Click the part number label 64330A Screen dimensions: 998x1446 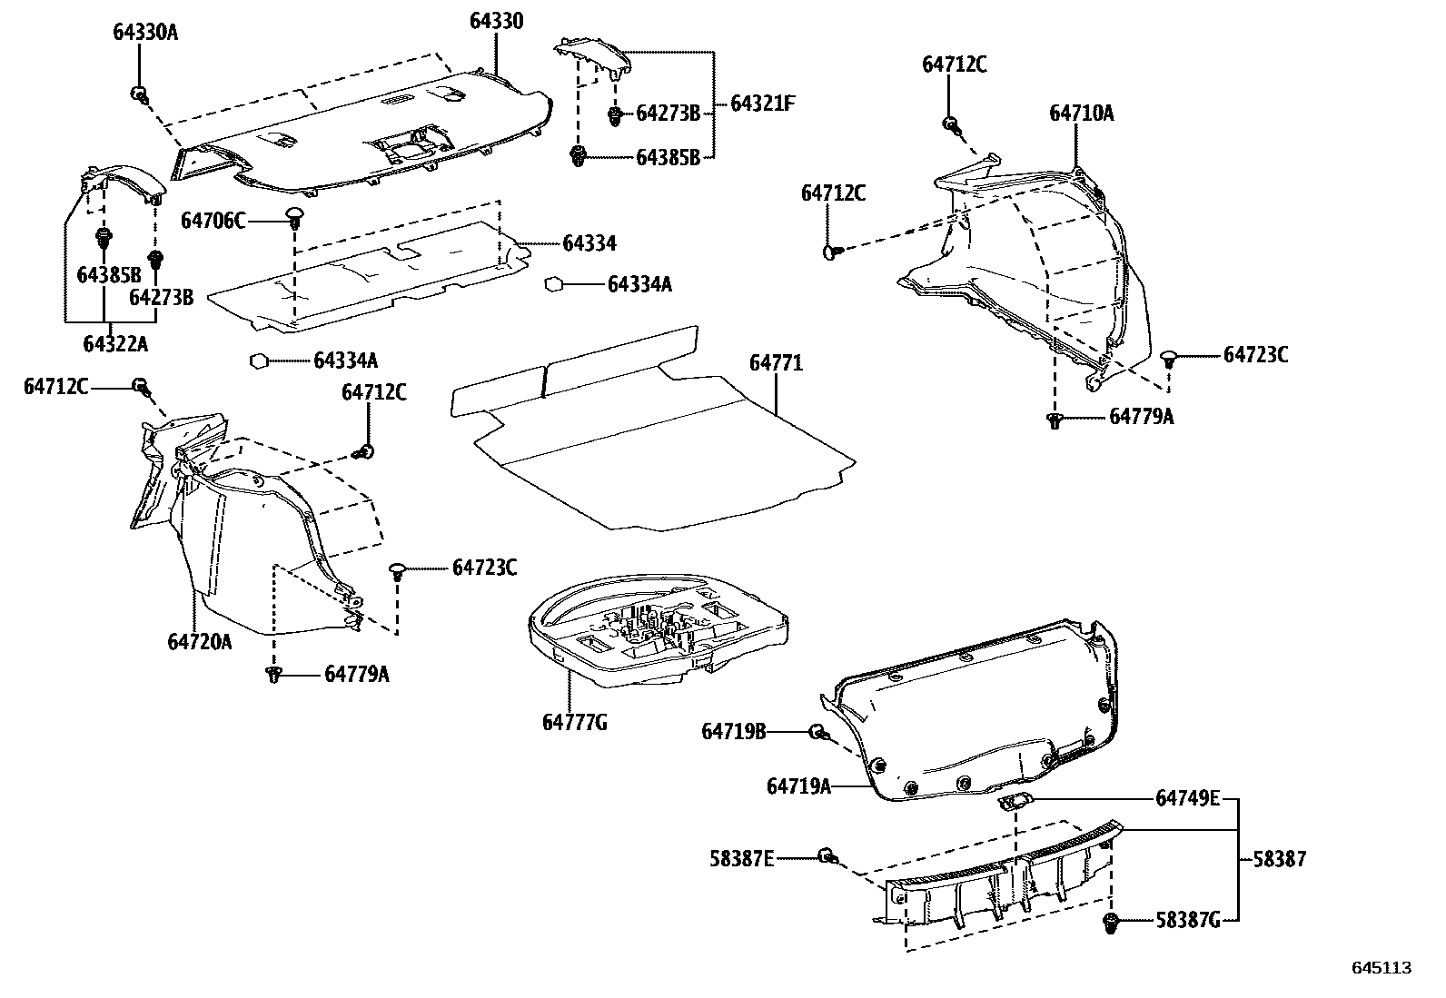click(x=145, y=33)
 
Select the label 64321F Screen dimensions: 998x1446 click(x=763, y=103)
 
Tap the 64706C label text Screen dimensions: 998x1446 click(x=213, y=221)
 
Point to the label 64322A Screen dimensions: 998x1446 click(x=114, y=344)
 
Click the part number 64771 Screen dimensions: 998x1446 click(x=776, y=363)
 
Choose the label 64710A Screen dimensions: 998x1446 click(x=1082, y=114)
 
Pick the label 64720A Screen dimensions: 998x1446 click(x=200, y=642)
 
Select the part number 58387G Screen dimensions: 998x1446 click(x=1188, y=921)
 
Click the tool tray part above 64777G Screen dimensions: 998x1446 click(x=659, y=627)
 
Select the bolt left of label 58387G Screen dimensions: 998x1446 click(x=1110, y=923)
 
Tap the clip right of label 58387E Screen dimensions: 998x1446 click(x=827, y=855)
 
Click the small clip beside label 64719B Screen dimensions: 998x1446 click(x=817, y=731)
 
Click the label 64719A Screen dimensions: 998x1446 click(x=798, y=786)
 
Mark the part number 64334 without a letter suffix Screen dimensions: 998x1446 click(x=589, y=243)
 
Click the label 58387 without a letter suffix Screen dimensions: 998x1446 click(x=1282, y=858)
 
